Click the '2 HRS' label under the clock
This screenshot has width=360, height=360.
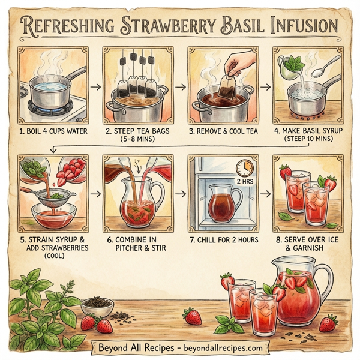[x=244, y=181]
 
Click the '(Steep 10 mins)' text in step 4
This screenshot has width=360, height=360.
[x=309, y=141]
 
